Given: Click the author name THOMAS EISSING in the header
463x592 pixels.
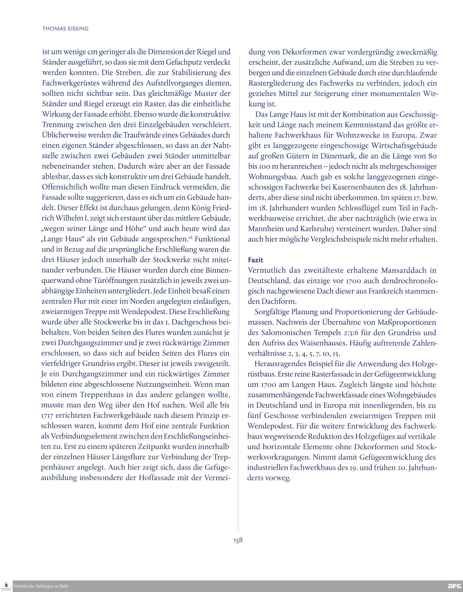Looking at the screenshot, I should click(x=65, y=28).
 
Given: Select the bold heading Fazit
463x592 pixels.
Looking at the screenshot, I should click(x=255, y=260).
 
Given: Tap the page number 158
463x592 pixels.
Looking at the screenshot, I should click(x=238, y=540).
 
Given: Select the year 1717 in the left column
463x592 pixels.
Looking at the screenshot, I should click(x=47, y=416).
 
